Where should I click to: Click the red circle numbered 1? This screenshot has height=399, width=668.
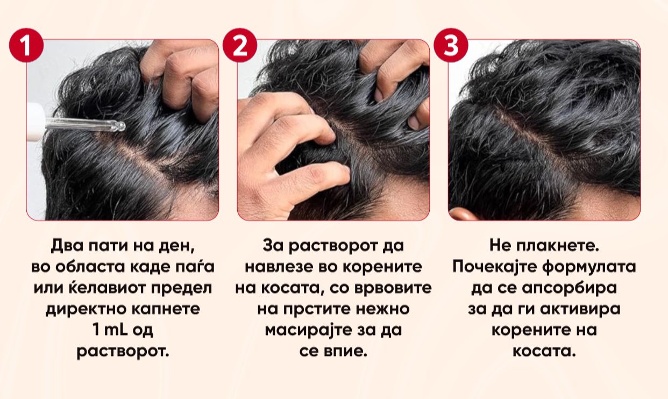26,45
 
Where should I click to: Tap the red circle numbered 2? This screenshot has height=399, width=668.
240,45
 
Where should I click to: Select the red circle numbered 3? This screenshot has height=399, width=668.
451,45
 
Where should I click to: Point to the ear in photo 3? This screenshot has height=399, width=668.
463,214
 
